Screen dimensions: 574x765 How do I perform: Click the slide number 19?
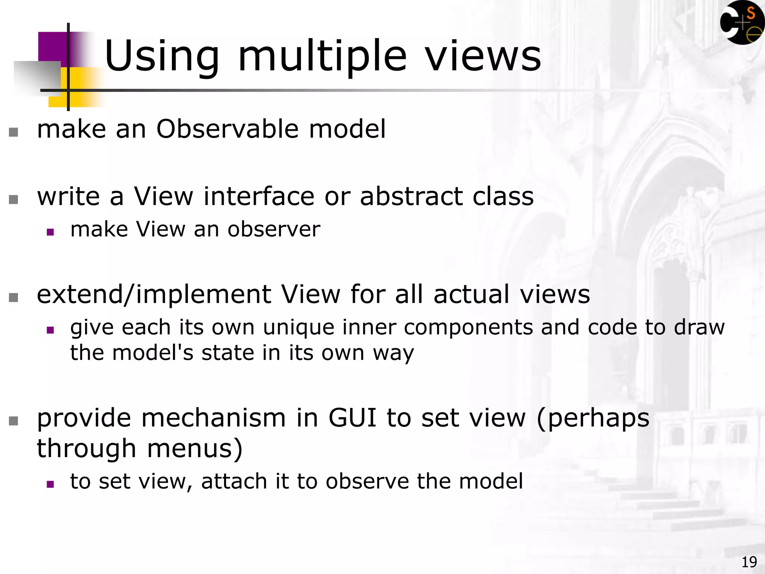point(749,562)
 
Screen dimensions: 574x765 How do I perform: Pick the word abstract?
point(411,197)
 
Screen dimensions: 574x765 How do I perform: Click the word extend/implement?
point(154,294)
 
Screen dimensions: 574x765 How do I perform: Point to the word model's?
point(153,353)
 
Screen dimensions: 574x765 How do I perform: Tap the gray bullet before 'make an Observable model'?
point(13,132)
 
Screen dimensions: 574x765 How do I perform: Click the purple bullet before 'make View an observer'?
point(50,232)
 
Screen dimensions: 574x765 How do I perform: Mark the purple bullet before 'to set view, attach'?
point(50,484)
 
